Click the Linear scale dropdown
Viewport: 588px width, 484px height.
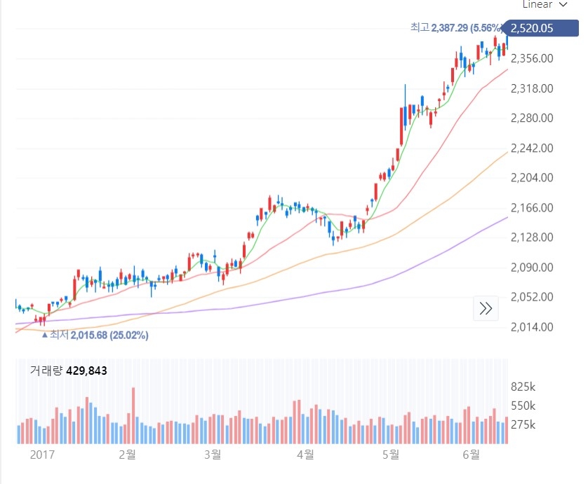click(x=544, y=4)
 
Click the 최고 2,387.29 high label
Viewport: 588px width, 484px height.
click(x=457, y=28)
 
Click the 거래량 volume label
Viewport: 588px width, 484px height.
click(x=46, y=371)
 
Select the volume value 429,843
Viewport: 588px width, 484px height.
click(x=86, y=371)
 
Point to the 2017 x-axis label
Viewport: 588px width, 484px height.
click(x=43, y=455)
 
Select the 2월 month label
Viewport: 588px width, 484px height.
click(x=127, y=455)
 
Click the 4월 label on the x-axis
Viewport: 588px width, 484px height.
click(x=305, y=455)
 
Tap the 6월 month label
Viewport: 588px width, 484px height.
click(x=472, y=455)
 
